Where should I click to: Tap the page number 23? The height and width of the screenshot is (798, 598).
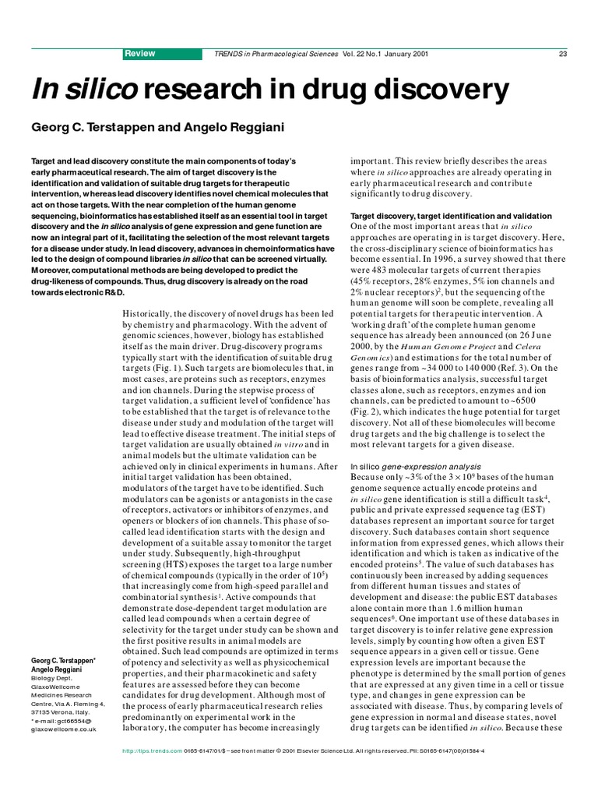562,54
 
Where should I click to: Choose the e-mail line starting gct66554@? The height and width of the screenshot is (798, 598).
62,722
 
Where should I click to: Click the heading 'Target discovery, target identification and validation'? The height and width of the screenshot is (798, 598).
451,216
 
